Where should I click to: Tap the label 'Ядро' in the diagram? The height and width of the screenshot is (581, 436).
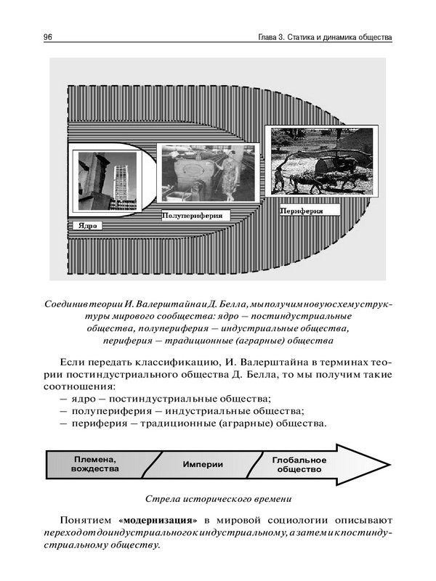point(86,225)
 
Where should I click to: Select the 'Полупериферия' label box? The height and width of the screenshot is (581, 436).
point(192,216)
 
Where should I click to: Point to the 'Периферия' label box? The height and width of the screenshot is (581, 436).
point(301,210)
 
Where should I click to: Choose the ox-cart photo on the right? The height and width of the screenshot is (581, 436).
point(320,162)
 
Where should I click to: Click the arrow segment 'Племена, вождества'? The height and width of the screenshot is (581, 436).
point(95,464)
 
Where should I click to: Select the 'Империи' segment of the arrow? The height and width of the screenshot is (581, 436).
point(203,465)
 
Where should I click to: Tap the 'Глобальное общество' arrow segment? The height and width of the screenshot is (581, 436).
point(299,465)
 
